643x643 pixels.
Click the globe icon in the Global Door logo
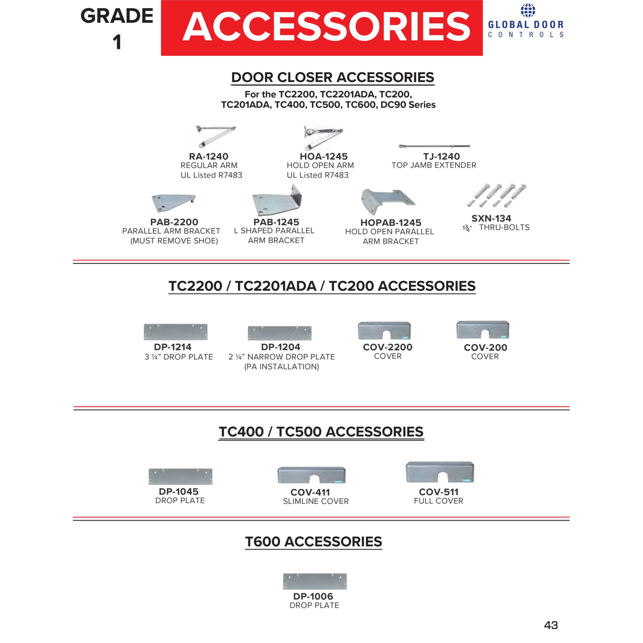(x=528, y=10)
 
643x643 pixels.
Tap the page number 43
(x=551, y=625)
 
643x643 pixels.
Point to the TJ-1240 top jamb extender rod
(x=434, y=146)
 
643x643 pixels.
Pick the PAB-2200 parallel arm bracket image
(x=173, y=202)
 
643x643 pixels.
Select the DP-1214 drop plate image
(x=176, y=332)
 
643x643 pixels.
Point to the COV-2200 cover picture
(x=385, y=331)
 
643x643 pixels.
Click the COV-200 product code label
(x=485, y=348)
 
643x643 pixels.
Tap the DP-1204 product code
(x=281, y=347)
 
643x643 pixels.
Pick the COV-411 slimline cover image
(x=312, y=475)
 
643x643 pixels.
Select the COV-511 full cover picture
(x=439, y=472)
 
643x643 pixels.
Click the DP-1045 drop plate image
(x=180, y=476)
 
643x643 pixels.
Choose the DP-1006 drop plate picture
(x=315, y=581)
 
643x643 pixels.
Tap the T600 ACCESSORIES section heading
(x=313, y=541)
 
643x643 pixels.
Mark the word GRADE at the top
(x=117, y=16)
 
